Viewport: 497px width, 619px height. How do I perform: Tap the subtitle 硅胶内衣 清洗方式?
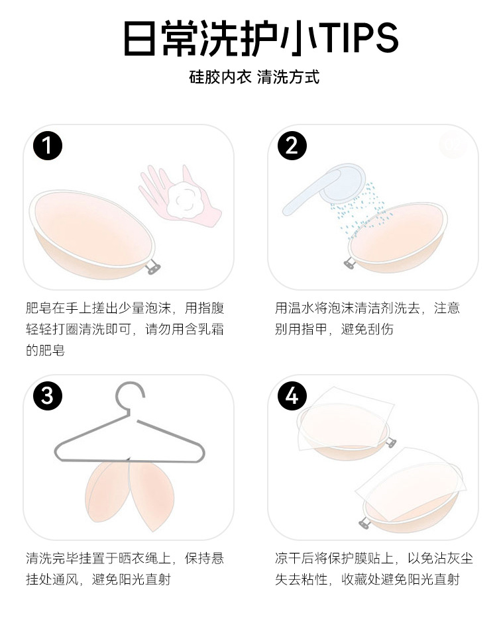[254, 77]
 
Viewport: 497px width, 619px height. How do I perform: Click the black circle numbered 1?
[48, 146]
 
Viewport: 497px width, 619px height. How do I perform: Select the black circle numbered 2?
[292, 146]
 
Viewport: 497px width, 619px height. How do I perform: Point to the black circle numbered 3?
[48, 395]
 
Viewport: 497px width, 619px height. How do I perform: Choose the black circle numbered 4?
[292, 395]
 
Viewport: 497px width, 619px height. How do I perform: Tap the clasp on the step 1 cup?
[153, 268]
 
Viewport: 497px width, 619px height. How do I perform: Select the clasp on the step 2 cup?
[349, 263]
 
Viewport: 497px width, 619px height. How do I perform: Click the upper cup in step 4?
[344, 431]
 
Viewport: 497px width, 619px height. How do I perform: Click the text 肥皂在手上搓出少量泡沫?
[98, 308]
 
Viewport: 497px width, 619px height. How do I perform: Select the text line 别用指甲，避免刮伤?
[334, 329]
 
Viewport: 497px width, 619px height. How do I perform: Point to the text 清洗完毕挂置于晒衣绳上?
[98, 558]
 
